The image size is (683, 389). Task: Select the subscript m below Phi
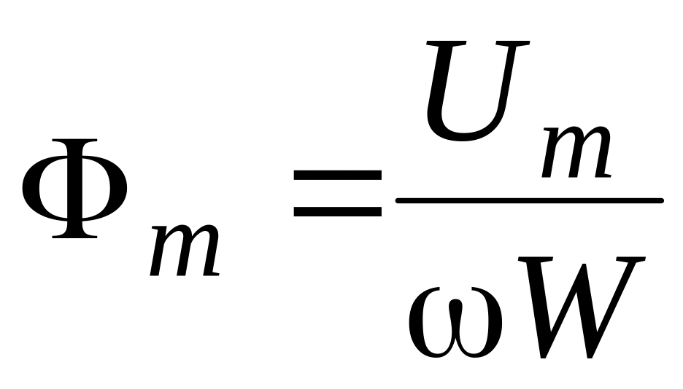pyautogui.click(x=185, y=251)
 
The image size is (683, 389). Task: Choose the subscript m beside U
pyautogui.click(x=576, y=155)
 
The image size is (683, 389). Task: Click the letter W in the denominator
pyautogui.click(x=584, y=306)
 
